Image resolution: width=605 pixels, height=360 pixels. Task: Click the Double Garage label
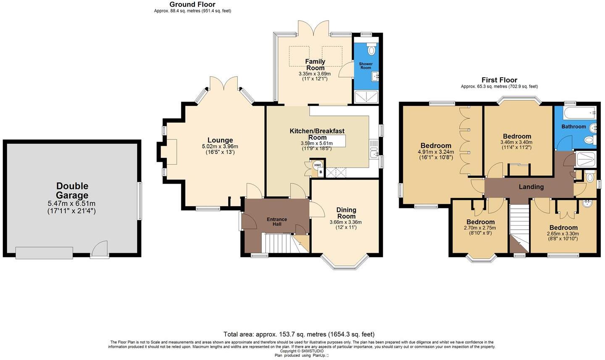[x=72, y=190]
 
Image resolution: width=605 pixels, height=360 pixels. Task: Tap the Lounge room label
[x=220, y=140]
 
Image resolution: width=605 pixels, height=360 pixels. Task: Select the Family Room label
[x=315, y=65]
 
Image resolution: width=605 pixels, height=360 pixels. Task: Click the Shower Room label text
[x=366, y=66]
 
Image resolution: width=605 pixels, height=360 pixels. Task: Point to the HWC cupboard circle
[x=317, y=165]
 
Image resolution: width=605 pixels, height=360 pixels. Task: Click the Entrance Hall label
[x=277, y=221]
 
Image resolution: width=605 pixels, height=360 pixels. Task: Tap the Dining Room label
[x=346, y=213]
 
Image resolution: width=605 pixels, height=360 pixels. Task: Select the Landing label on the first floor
[x=531, y=187]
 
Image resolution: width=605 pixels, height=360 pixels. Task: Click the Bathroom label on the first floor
[x=573, y=126]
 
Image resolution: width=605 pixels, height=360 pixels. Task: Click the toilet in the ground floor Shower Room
[x=371, y=50]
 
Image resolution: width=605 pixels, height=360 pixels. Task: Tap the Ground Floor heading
[x=192, y=5]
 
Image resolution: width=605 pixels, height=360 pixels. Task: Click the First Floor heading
[x=499, y=80]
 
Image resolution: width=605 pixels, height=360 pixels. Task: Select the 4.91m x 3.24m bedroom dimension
[x=436, y=152]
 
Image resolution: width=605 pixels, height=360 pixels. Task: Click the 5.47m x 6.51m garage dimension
[x=72, y=203]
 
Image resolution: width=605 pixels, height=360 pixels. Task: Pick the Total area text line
[x=299, y=334]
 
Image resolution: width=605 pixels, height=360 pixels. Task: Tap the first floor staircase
[x=519, y=227]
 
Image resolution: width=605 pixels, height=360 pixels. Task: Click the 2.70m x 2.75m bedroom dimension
[x=480, y=228]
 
